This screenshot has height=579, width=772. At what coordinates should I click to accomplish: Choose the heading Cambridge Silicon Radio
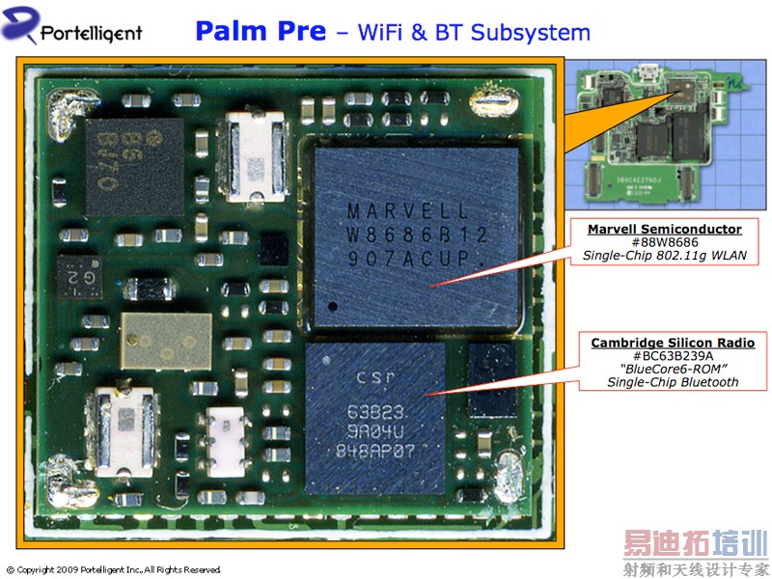point(672,343)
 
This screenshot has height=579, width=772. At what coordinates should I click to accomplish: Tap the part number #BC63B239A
point(672,356)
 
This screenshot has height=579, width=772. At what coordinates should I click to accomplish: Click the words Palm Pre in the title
point(260,31)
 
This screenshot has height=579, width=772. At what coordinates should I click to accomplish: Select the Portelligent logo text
point(91,34)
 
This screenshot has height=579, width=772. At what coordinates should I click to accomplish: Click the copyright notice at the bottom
point(114,569)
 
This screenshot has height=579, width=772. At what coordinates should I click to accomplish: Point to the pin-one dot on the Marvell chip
point(333,306)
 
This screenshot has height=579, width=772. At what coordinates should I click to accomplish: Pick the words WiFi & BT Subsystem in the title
point(473,32)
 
